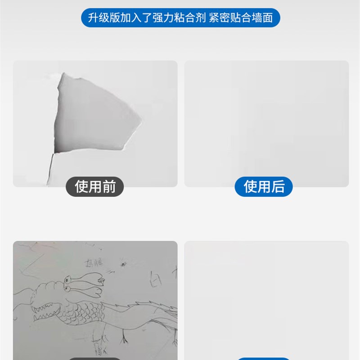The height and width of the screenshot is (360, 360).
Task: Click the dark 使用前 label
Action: (95, 186)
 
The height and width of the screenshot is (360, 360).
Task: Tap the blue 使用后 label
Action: (264, 186)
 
